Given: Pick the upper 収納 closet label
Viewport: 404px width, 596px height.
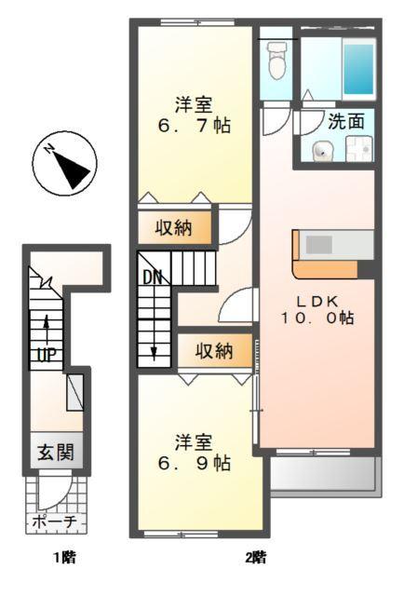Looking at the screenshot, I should pos(174,228).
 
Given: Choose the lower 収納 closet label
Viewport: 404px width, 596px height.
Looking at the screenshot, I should pos(213,351).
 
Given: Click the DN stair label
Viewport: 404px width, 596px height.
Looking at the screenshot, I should pos(153,277).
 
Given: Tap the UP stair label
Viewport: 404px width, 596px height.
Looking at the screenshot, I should pos(44,355).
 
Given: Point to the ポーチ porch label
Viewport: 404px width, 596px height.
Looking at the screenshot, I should pos(55,523).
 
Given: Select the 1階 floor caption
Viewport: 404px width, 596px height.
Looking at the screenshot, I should pos(62,559).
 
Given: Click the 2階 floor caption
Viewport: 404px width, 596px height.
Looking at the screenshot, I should pos(255,559).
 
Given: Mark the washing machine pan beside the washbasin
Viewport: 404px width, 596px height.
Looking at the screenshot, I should pos(357,149).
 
